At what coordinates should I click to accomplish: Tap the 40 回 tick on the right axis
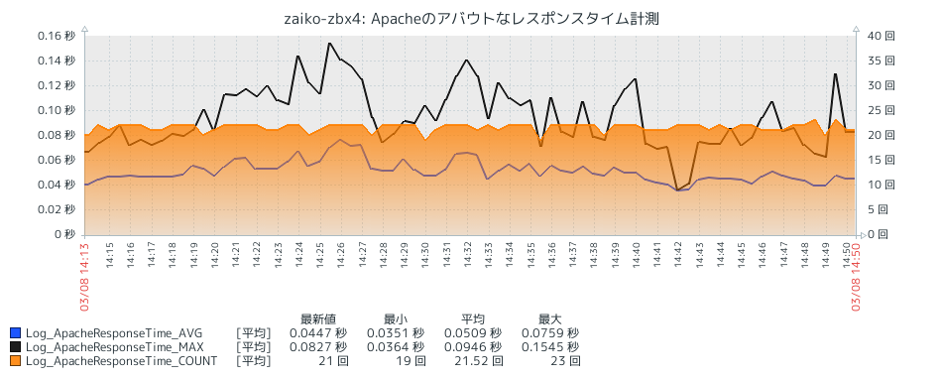(x=882, y=36)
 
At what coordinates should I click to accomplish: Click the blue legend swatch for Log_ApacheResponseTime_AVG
(x=15, y=333)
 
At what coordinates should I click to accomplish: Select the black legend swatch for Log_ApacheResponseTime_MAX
(x=15, y=347)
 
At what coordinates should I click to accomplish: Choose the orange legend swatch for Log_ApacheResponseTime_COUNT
(x=15, y=361)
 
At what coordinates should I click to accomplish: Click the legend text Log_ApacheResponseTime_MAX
(x=114, y=347)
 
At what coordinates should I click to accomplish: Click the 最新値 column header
(x=318, y=319)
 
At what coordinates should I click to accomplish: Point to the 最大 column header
(x=550, y=319)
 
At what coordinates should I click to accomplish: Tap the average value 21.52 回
(x=470, y=361)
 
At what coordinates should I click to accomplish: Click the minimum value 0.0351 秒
(x=394, y=333)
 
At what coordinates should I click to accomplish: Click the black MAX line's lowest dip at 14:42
(x=677, y=189)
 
